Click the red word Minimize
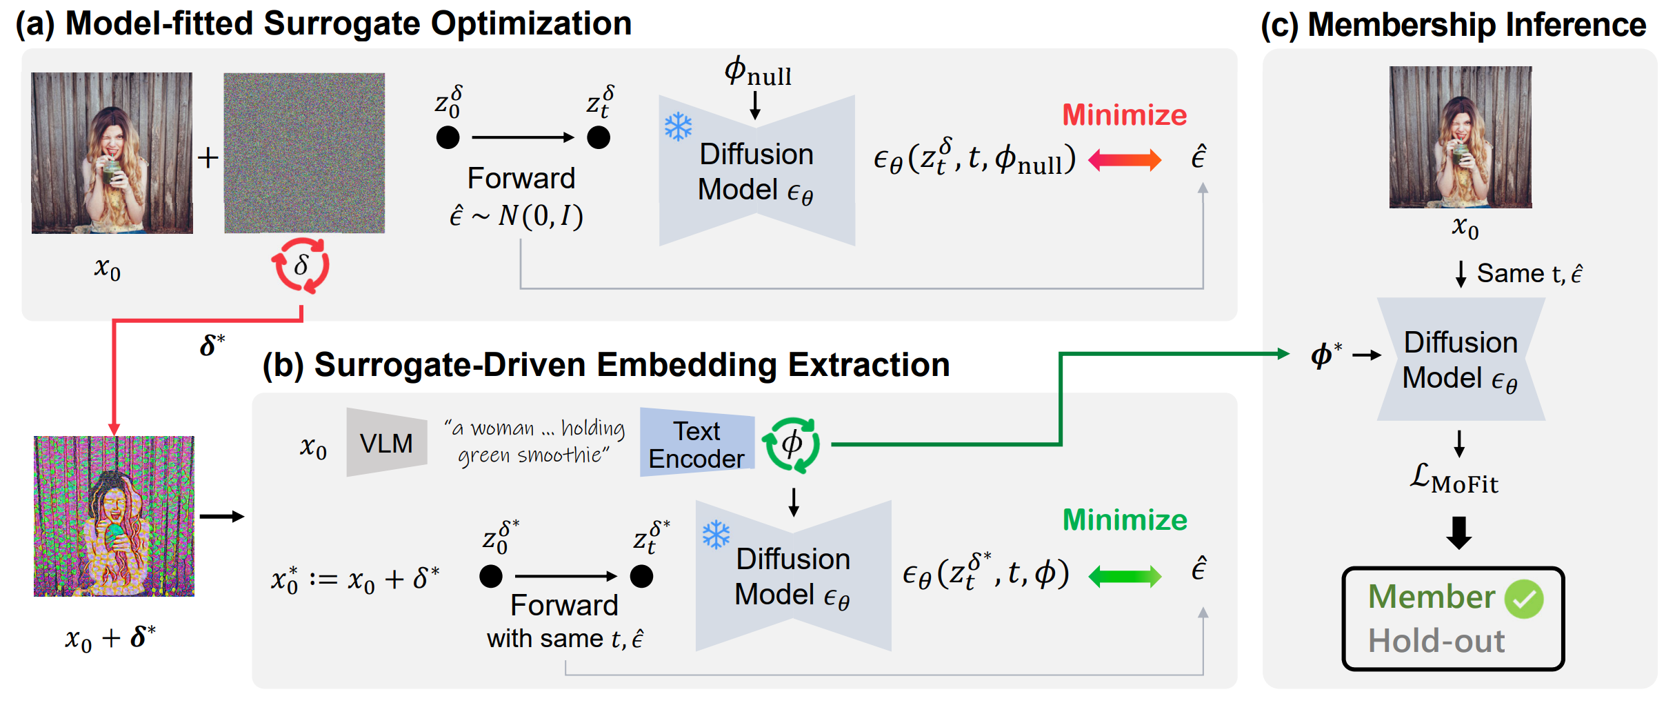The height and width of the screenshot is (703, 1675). coord(1124,115)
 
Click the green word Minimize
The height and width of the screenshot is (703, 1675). coord(1124,520)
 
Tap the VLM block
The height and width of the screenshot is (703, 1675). coord(386,442)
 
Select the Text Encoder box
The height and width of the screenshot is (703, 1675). coord(697,444)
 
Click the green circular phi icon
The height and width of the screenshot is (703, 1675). coord(792,444)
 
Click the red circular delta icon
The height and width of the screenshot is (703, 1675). coord(301,266)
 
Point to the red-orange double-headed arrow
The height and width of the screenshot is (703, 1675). coord(1124,161)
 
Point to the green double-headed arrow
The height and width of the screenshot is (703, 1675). coord(1124,576)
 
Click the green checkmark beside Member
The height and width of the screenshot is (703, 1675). coord(1524,599)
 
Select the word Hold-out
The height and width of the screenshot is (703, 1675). coord(1436,641)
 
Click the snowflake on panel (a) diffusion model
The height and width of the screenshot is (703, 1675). coord(678,127)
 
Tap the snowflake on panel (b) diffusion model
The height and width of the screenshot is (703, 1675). coord(716,535)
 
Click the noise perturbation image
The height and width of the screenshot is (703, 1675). coord(304,153)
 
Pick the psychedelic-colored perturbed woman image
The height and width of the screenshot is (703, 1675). coord(114,516)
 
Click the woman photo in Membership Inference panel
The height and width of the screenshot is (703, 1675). coord(1461,137)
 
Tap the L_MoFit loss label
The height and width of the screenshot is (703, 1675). coord(1454,478)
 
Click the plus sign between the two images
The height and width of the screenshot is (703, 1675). coord(208,158)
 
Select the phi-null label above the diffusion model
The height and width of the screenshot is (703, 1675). coord(757,72)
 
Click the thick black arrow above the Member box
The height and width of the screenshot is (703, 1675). coord(1458,532)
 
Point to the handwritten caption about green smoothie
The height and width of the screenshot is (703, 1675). coord(534,442)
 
